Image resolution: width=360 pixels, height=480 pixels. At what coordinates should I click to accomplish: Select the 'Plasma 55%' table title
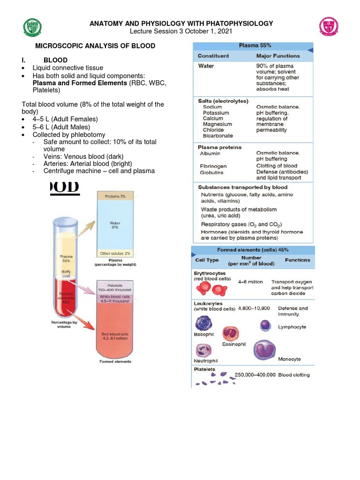[x=252, y=46]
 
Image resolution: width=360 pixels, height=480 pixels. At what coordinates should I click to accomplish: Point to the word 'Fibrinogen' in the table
[x=213, y=166]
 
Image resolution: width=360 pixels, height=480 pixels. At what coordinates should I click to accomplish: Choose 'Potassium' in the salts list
[x=216, y=113]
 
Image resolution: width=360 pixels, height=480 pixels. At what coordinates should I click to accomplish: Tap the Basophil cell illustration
[x=204, y=324]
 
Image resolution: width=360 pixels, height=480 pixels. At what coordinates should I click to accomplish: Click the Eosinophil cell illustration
[x=231, y=334]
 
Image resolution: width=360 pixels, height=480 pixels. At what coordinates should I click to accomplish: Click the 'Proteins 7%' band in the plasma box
[x=115, y=196]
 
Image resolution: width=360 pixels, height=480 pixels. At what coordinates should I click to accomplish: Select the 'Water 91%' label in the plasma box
[x=115, y=225]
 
